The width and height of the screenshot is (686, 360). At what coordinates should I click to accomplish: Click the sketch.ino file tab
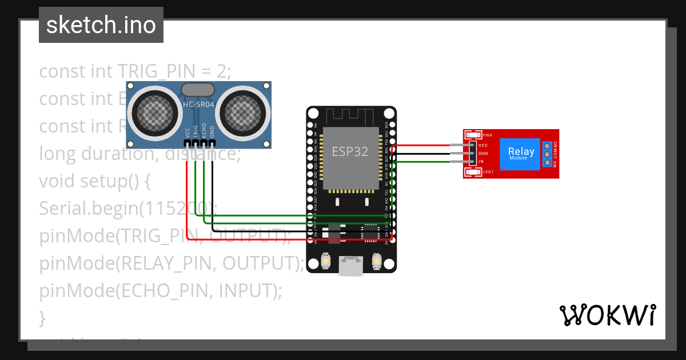pos(101,25)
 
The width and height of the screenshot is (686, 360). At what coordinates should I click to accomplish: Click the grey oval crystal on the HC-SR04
pos(198,89)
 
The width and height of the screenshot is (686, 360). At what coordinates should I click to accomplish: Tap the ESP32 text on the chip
pos(350,151)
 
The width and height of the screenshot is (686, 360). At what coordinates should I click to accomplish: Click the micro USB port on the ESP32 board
pos(350,265)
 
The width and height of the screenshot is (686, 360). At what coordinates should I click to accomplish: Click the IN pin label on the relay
pos(481,162)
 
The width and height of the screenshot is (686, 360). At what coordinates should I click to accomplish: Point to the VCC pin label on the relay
pos(483,146)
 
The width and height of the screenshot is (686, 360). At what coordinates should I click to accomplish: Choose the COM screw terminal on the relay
pos(547,154)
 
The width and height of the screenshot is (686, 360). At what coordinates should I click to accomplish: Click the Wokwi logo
pos(607,315)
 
